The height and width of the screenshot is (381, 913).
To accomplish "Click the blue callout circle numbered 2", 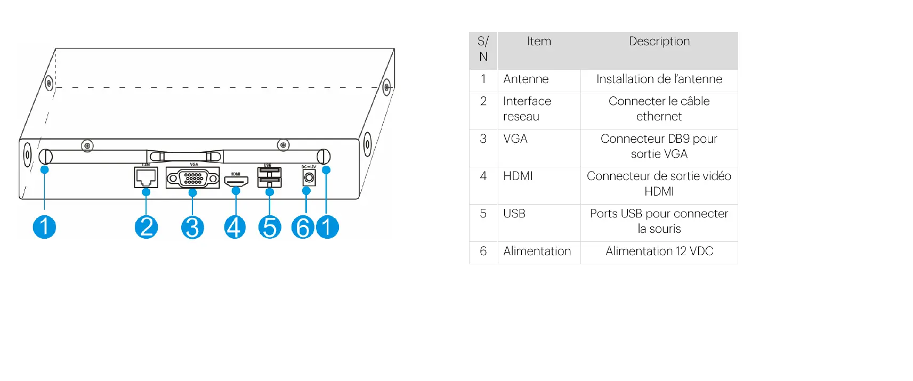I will pos(146,227).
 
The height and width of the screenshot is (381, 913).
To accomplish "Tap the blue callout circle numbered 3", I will pos(192,228).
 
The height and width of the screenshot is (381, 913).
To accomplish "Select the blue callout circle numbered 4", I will pos(235,228).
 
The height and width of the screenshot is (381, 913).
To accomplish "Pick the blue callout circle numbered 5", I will pos(270,228).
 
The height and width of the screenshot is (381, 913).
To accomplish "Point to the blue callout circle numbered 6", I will pos(303,228).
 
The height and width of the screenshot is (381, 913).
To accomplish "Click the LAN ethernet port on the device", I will pos(146,177).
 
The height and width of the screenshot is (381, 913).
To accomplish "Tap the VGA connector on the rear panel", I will pos(193,178).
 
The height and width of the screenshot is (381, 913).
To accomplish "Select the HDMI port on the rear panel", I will pos(236,181).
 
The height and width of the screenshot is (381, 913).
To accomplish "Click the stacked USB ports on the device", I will pos(269,177).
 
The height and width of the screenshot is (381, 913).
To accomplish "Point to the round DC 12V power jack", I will pos(309,178).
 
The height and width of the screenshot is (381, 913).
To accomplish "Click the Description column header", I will pos(659,42).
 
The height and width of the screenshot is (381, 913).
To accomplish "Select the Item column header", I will pos(539,42).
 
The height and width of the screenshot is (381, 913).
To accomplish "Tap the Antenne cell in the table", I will pos(526,79).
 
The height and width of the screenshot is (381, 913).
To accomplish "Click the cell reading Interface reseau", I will pos(527,109).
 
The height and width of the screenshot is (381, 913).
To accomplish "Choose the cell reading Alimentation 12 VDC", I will pos(659,252).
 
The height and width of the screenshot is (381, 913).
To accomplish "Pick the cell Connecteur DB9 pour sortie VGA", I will pos(659,147).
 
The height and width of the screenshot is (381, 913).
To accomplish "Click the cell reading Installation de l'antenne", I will pos(659,79).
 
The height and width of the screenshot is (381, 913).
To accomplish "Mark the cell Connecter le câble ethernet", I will pos(659,109).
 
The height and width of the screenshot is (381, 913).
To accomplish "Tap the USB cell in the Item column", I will pos(514,214).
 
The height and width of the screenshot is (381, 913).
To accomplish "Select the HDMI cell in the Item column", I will pos(518,176).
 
